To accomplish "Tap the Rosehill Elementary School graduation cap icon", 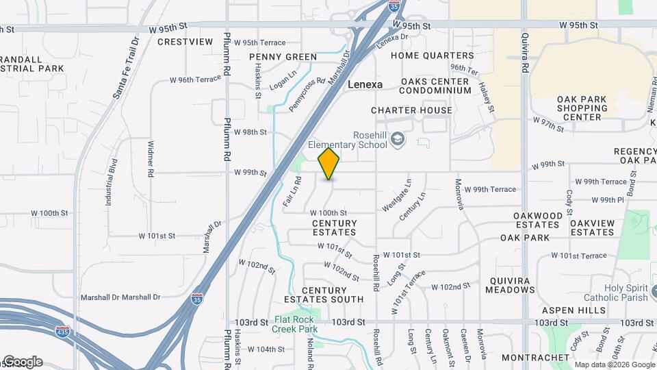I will [x=398, y=140].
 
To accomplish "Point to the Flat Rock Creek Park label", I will [x=296, y=324].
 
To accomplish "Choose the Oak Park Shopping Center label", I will [x=582, y=108].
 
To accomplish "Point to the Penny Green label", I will [x=283, y=57].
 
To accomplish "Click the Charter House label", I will [x=411, y=110].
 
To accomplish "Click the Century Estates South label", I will [x=324, y=295].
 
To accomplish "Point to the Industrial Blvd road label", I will [x=109, y=183].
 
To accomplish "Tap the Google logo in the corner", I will [x=22, y=362].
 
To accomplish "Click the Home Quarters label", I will [x=433, y=56].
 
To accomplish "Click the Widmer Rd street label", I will [x=150, y=158].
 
